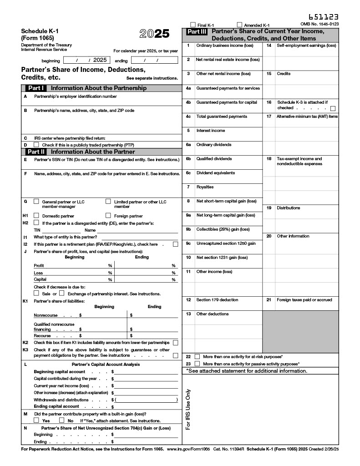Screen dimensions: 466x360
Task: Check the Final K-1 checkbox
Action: [x=193, y=25]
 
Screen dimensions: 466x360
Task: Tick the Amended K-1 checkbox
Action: [x=240, y=25]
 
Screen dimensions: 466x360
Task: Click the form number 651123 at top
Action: [x=324, y=17]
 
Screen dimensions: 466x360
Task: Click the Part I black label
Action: [x=36, y=88]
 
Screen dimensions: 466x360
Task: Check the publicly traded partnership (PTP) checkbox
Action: [x=36, y=145]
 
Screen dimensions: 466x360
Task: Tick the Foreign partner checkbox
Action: [x=108, y=216]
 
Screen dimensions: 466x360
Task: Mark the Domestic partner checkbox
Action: [x=36, y=216]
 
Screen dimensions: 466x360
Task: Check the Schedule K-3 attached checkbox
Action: [x=333, y=108]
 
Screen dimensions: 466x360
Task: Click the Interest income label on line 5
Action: [x=210, y=131]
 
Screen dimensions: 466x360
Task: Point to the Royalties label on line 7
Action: [x=205, y=187]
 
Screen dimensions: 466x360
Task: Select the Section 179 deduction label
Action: [x=217, y=300]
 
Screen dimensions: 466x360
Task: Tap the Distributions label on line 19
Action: [x=289, y=208]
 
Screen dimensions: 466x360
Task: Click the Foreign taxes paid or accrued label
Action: [x=304, y=300]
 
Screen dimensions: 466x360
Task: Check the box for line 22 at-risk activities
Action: [x=198, y=357]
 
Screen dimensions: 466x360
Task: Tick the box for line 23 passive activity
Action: [x=198, y=364]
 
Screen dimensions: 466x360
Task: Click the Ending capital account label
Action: [x=56, y=406]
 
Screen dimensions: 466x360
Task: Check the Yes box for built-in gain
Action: [x=36, y=420]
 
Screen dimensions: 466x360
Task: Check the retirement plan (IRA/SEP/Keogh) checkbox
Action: [x=175, y=244]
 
